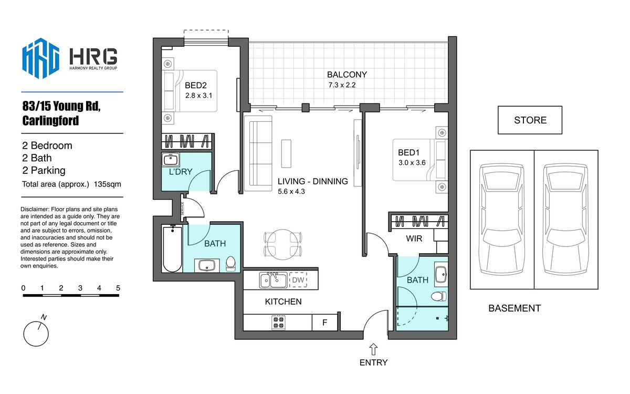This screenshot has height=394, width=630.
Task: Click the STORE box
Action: [530, 120]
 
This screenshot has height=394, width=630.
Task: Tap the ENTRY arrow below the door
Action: [373, 349]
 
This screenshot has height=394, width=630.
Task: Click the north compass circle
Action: [36, 334]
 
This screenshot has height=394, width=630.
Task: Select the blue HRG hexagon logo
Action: [41, 58]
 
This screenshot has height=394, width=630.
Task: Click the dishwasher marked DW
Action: [298, 279]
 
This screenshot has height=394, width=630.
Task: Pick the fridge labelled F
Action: [325, 323]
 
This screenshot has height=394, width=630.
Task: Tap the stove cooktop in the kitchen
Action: [278, 323]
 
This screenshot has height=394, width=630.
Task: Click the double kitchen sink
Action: [273, 280]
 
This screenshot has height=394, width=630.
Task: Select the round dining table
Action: [282, 244]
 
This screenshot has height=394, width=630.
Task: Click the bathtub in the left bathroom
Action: [172, 249]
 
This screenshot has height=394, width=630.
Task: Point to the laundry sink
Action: [171, 160]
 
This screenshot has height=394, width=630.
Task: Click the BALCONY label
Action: [347, 75]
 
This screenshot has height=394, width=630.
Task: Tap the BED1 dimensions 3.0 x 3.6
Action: [412, 163]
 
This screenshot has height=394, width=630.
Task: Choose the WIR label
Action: [414, 239]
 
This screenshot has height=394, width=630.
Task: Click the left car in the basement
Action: [502, 220]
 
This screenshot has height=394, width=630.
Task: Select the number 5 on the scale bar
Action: [118, 288]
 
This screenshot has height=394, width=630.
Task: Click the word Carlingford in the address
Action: [50, 120]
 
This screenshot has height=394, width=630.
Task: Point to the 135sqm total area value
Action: [108, 184]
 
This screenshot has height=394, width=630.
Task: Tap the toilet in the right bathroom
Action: [439, 296]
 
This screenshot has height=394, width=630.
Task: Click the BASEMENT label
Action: [514, 308]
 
